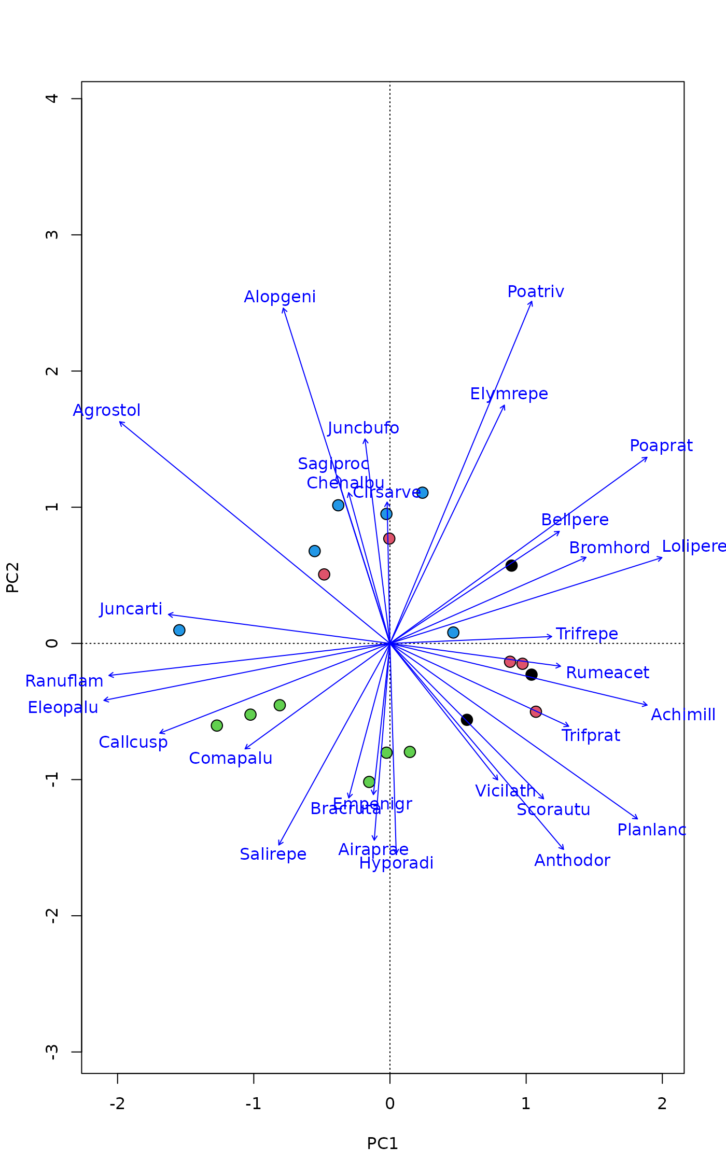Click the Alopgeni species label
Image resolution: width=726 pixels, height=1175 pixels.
tap(280, 297)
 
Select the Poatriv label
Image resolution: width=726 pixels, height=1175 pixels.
tap(536, 292)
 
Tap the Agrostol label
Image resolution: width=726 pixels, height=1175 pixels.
tap(106, 410)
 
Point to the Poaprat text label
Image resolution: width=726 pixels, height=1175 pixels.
tap(661, 446)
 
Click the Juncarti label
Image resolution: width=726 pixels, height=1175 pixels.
tap(131, 609)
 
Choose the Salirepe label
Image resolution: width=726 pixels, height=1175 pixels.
tap(273, 854)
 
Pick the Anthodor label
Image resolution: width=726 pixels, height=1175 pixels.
tap(572, 860)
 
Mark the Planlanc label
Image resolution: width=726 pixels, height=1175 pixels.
tap(652, 830)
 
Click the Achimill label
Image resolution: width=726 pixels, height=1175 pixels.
tap(683, 715)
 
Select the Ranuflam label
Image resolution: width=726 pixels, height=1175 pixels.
tap(64, 681)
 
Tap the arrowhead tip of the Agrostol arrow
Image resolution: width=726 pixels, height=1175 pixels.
tap(120, 422)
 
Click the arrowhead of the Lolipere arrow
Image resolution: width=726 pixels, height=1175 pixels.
tap(662, 558)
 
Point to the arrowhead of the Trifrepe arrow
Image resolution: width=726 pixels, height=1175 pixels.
tap(552, 636)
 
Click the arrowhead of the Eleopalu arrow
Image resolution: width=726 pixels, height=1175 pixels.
tap(104, 701)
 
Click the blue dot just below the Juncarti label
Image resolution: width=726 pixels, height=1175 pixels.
tap(179, 630)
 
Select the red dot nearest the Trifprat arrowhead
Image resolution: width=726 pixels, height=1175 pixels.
tap(536, 711)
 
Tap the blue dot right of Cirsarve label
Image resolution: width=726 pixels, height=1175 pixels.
tap(423, 493)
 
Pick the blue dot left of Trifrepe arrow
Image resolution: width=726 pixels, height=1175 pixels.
tap(453, 632)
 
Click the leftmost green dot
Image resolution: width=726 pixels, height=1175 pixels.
tap(217, 725)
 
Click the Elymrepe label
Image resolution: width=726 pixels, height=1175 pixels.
tap(509, 394)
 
